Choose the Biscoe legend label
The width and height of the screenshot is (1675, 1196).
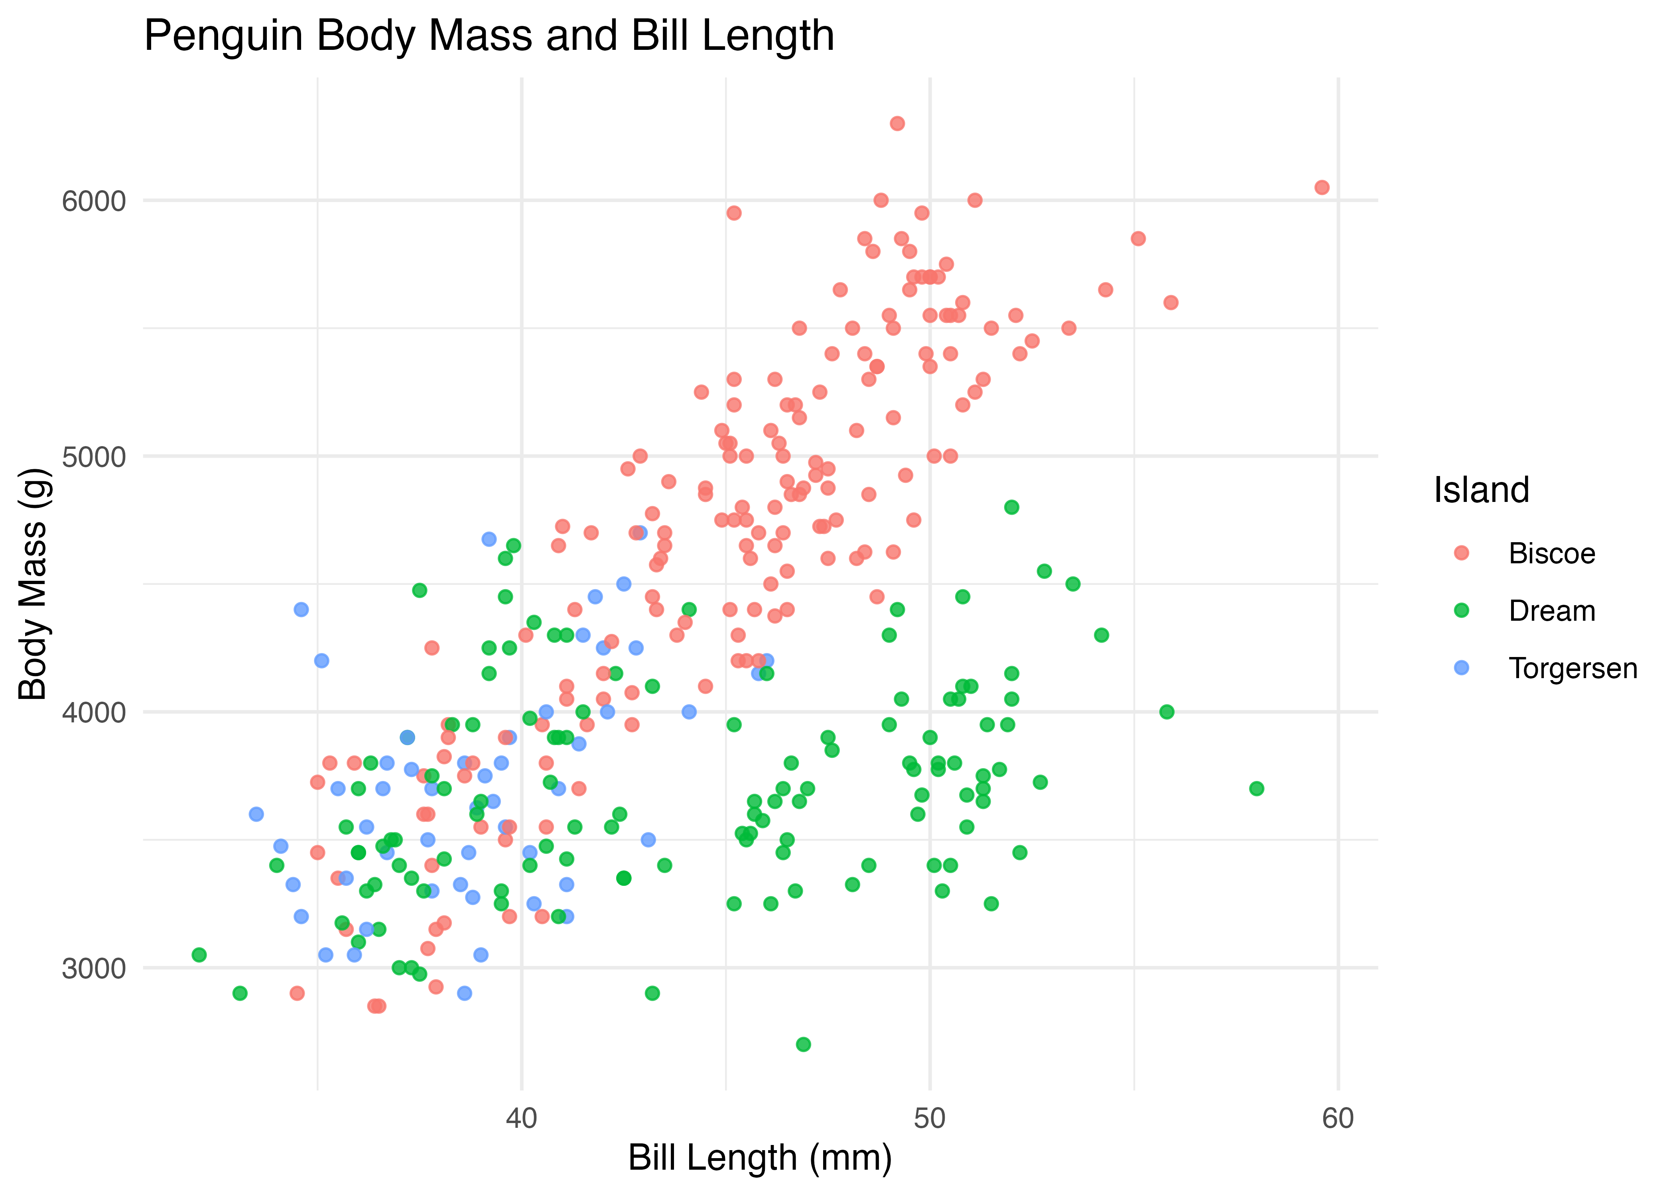(x=1551, y=554)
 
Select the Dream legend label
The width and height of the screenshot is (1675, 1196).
(x=1551, y=611)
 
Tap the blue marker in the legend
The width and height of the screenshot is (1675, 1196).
(x=1461, y=668)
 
